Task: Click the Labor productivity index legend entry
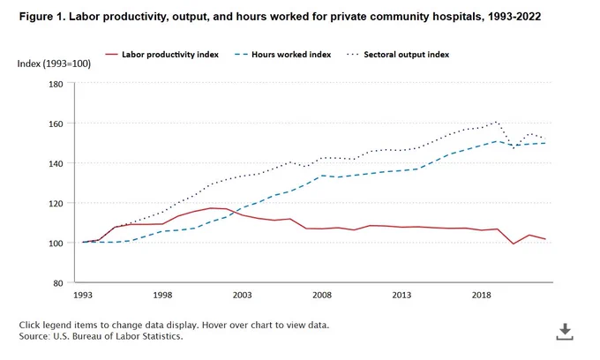[x=161, y=55]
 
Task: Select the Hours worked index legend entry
[x=282, y=55]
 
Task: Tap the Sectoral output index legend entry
[x=398, y=55]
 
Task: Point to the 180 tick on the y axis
[x=56, y=84]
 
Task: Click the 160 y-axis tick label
[x=56, y=124]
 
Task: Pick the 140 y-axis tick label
[x=56, y=163]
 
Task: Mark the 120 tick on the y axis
[x=56, y=203]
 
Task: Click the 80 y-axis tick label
[x=58, y=283]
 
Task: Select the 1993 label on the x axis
[x=83, y=295]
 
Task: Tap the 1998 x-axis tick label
[x=162, y=295]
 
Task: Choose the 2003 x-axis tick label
[x=243, y=295]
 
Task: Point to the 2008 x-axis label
[x=322, y=295]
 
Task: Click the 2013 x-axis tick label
[x=401, y=295]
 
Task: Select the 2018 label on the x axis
[x=482, y=295]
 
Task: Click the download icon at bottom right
[x=565, y=332]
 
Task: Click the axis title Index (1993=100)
[x=54, y=64]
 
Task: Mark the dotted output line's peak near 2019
[x=497, y=122]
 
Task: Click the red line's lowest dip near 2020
[x=514, y=244]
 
